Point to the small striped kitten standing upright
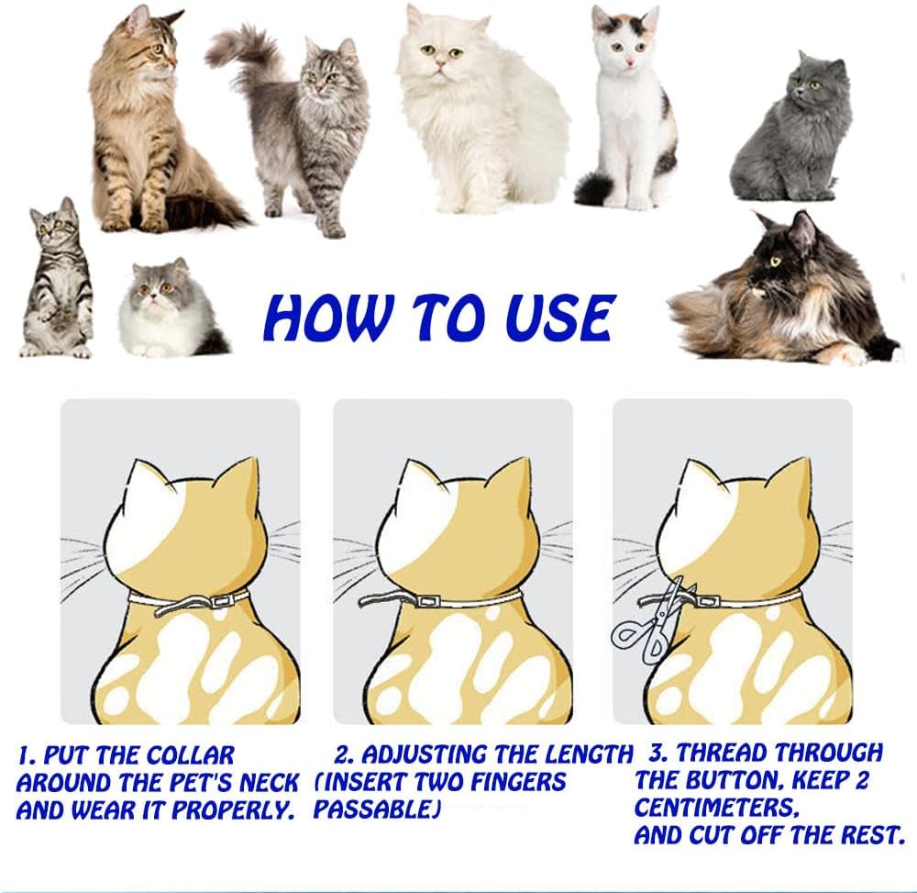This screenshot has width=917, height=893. point(56,277)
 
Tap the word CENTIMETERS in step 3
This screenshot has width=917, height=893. point(716,809)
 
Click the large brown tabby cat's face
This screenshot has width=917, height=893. point(154,48)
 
